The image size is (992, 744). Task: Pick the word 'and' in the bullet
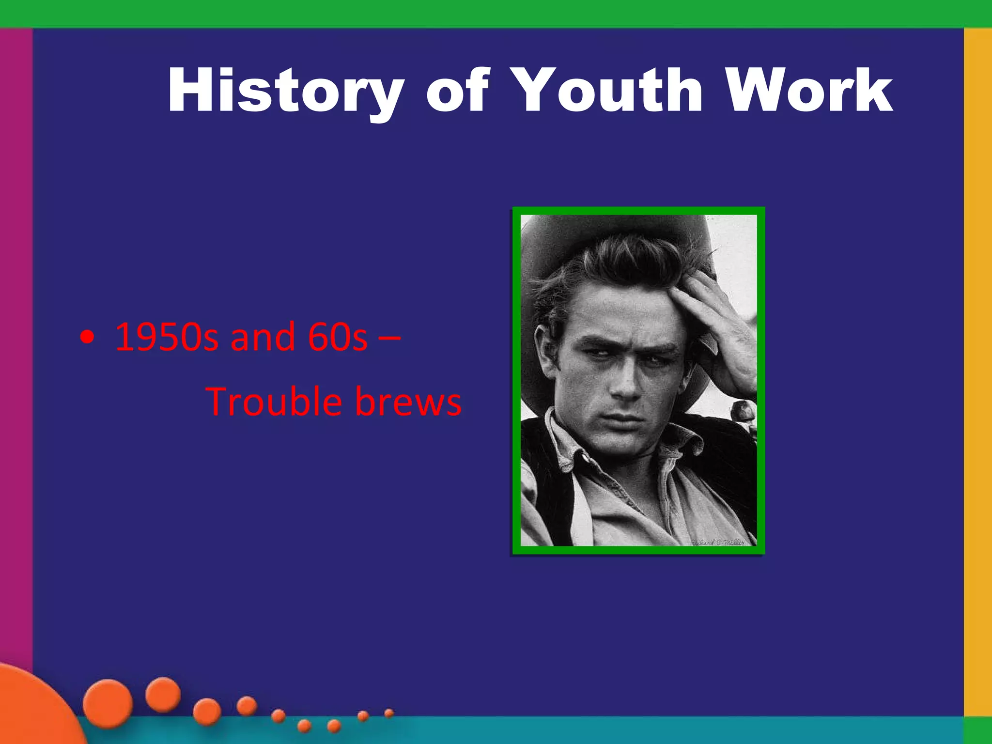263,337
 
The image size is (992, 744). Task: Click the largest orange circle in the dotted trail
108,703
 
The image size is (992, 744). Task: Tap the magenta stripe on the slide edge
16,339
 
